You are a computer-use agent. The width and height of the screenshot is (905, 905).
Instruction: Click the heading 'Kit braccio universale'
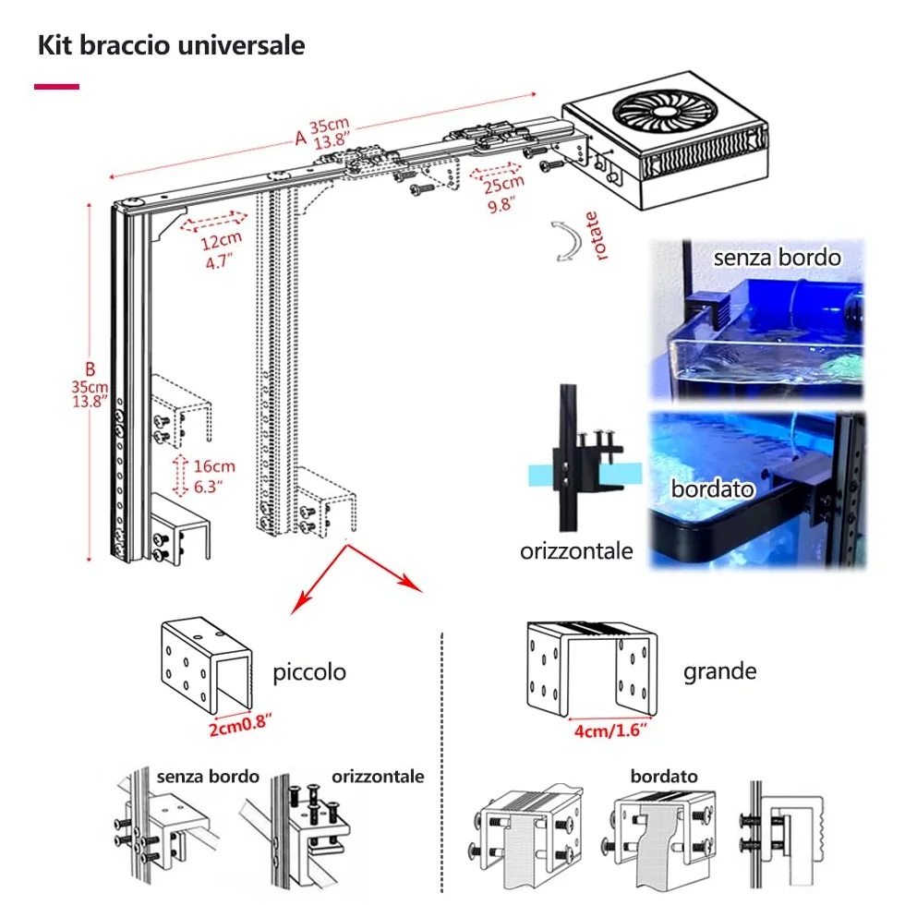tap(172, 45)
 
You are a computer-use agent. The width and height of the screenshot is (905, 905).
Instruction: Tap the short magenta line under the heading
tap(56, 87)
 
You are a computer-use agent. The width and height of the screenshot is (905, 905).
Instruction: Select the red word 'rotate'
tap(597, 235)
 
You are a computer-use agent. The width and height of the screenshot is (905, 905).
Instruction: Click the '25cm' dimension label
tap(503, 184)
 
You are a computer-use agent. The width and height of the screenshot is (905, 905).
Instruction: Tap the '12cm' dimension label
tap(221, 239)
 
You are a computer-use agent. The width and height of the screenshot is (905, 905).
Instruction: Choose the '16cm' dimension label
tap(214, 465)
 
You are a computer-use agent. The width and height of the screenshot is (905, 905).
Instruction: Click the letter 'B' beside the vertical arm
tap(90, 368)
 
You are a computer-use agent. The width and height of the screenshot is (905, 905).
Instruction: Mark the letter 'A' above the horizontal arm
tap(300, 138)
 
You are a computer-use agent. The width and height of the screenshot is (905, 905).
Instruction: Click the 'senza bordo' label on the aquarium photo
tap(777, 258)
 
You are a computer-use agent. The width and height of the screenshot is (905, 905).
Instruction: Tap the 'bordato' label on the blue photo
tap(712, 489)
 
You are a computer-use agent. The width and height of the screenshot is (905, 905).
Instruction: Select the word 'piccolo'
tap(309, 672)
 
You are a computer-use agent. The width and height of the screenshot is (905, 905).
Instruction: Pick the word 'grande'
tap(719, 672)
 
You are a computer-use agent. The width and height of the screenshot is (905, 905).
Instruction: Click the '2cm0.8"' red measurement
tap(239, 725)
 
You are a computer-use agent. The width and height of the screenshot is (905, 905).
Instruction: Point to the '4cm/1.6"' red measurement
tap(610, 730)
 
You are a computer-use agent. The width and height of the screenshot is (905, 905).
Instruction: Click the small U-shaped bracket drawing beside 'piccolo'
tap(207, 665)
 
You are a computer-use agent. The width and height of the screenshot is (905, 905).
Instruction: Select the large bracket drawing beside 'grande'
tap(592, 669)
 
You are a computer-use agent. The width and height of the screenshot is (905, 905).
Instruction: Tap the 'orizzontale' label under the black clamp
tap(576, 551)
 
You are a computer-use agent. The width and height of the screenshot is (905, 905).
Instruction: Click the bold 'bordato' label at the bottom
tap(664, 777)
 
